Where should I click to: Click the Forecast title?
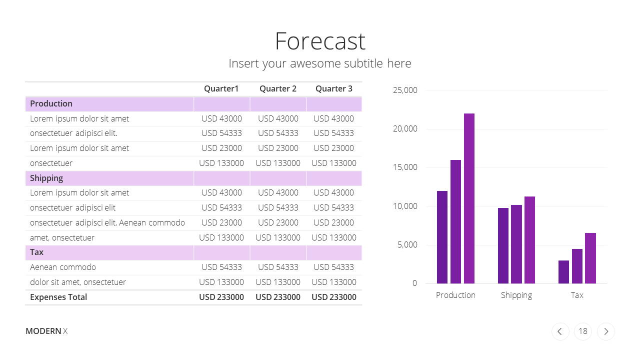[320, 41]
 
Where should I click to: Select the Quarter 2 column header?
[277, 89]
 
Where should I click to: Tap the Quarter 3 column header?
[333, 89]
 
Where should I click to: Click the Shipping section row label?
[46, 178]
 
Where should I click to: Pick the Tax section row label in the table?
[36, 252]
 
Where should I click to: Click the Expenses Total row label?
[58, 297]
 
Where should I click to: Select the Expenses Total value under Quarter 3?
[333, 297]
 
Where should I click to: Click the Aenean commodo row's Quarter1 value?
[221, 267]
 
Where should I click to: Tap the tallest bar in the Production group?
[469, 198]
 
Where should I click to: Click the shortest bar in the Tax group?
[563, 272]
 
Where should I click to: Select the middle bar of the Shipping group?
[516, 244]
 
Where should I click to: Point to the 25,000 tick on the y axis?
[405, 90]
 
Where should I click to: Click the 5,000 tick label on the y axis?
[407, 245]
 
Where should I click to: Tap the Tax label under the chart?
[577, 295]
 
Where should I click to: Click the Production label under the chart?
[455, 295]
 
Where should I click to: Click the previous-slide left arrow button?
[560, 331]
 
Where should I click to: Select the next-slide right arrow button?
[606, 331]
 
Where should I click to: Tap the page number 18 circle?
[583, 331]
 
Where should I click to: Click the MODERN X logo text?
[46, 331]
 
